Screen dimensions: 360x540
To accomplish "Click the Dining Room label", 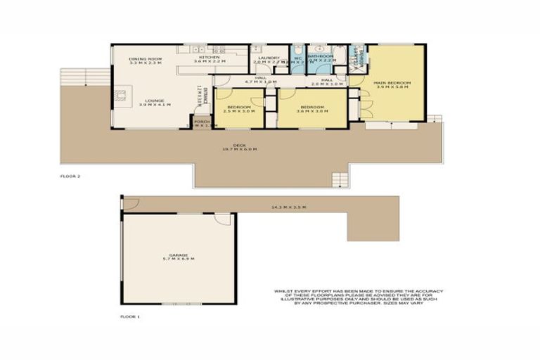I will (146, 60).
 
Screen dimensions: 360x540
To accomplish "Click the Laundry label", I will (269, 59).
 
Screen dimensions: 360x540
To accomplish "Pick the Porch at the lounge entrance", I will (202, 123).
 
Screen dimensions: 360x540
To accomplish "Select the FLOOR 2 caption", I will (70, 176).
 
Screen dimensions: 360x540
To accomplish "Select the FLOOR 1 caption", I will (129, 317).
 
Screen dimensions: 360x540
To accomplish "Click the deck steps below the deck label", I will (340, 179).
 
